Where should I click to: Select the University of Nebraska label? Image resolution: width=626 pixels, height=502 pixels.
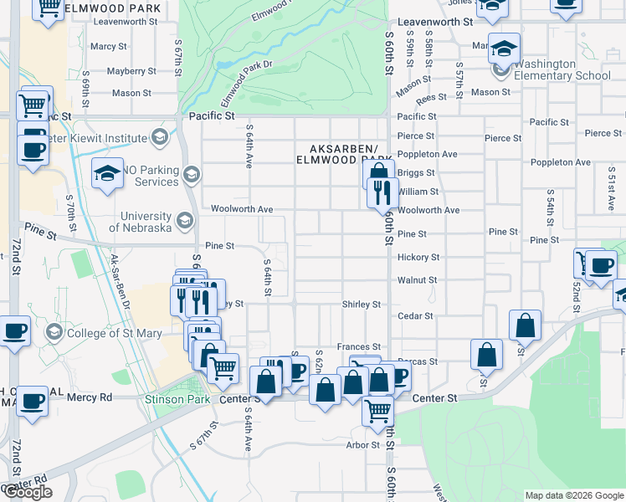[x=134, y=222]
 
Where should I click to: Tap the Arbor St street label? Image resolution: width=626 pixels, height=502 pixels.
[x=363, y=445]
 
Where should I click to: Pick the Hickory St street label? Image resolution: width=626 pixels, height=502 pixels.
[x=418, y=258]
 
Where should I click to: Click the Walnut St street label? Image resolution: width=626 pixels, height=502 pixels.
[x=418, y=280]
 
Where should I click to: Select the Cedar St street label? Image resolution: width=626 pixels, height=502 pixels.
[x=416, y=316]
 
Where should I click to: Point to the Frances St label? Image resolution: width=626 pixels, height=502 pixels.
[x=359, y=346]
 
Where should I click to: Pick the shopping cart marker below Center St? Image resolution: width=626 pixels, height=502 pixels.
[x=377, y=410]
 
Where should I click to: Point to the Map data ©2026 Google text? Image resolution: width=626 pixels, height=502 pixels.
[x=575, y=495]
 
